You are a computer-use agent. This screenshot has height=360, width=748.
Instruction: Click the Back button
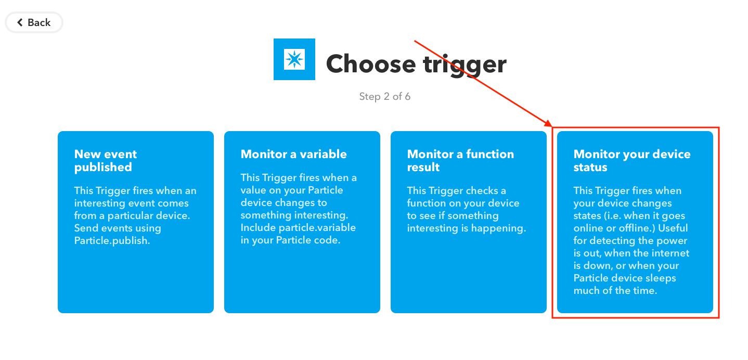[x=34, y=22]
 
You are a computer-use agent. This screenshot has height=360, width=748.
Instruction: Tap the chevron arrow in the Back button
[x=20, y=22]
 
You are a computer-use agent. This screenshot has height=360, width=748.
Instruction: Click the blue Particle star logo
[x=294, y=59]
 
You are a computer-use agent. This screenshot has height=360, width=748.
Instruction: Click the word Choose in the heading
[x=371, y=63]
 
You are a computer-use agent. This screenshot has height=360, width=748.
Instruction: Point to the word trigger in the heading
[x=465, y=65]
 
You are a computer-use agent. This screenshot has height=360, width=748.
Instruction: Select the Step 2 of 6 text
[x=385, y=97]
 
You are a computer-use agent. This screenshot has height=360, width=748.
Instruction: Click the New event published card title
[x=106, y=160]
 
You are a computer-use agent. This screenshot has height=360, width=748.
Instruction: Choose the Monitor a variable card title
[x=293, y=154]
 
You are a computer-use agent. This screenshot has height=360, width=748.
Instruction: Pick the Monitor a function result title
[x=460, y=160]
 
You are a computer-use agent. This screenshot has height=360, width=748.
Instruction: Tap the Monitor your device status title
[x=632, y=160]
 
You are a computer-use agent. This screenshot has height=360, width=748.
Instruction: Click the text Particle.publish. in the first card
[x=112, y=240]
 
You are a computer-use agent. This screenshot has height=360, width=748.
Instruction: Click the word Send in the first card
[x=86, y=228]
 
